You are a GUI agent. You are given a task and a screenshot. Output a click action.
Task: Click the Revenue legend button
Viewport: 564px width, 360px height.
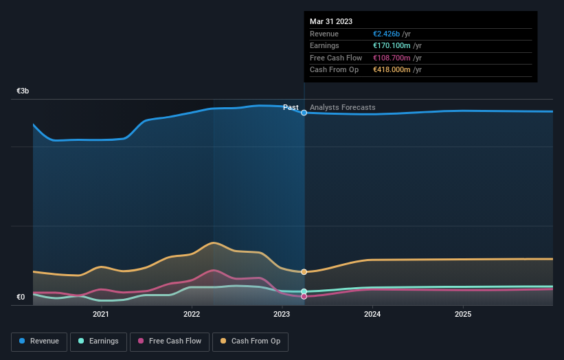pos(40,341)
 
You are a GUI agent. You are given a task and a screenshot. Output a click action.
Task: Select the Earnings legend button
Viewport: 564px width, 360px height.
pos(98,341)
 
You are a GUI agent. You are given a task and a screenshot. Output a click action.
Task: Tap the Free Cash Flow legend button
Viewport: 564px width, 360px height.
pos(169,341)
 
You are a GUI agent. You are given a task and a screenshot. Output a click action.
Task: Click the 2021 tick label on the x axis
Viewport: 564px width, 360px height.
pos(101,315)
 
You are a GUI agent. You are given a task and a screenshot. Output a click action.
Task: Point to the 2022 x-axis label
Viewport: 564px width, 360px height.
pos(192,315)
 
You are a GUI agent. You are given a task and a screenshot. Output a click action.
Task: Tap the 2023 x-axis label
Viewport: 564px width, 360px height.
pos(282,315)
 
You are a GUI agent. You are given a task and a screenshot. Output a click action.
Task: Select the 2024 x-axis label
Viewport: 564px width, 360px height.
pos(372,315)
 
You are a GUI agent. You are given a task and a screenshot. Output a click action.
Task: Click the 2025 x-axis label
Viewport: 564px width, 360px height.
pos(463,315)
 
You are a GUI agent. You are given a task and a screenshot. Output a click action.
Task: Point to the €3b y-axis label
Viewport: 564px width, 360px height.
pos(23,91)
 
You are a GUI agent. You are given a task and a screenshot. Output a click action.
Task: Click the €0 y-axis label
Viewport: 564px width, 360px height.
pos(21,297)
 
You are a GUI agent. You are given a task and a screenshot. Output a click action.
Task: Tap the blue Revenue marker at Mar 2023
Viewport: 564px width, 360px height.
pos(304,113)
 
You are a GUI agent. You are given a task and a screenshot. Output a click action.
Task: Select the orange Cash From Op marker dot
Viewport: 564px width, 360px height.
pos(304,272)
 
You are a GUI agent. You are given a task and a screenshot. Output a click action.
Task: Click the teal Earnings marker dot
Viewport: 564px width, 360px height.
pos(304,291)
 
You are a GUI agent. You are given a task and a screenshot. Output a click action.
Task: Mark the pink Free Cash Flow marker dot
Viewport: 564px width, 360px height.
pos(304,297)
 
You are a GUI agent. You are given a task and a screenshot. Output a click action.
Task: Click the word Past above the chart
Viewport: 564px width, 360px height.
pos(291,107)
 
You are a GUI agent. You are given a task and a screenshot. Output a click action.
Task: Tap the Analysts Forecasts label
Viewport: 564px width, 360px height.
pos(343,107)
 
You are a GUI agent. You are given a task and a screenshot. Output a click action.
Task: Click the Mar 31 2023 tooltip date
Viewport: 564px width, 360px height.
pos(331,21)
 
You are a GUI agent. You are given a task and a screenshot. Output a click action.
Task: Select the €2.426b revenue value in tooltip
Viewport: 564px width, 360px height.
pos(387,34)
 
